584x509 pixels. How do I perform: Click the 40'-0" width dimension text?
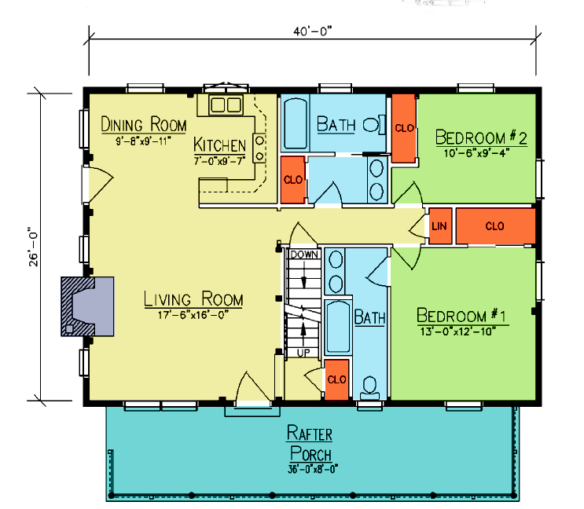pos(312,31)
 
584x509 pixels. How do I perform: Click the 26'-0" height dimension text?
pos(34,247)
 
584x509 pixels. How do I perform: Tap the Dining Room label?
pos(143,124)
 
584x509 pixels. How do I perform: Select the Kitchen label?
pos(220,145)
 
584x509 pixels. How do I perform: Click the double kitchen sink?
pos(226,104)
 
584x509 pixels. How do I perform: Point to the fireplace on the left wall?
pos(87,306)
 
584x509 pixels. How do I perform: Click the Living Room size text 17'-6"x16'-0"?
pos(193,315)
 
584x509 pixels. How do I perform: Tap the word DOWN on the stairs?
pos(304,255)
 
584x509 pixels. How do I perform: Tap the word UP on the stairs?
pos(303,353)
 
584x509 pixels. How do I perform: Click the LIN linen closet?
pos(440,226)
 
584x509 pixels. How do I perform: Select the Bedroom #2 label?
pos(481,137)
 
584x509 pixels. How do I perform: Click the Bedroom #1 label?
pos(461,316)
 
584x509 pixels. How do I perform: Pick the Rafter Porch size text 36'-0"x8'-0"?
pos(313,469)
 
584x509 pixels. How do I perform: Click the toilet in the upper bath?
pos(374,125)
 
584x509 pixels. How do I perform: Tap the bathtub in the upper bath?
pos(296,123)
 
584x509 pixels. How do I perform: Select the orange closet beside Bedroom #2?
pos(404,128)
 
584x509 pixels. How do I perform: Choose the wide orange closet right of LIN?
pos(496,226)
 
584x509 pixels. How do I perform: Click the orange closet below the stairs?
pos(336,379)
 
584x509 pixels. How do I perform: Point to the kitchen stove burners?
pos(259,148)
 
